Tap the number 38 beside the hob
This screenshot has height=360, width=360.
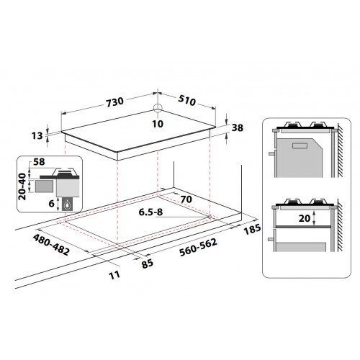click(x=238, y=127)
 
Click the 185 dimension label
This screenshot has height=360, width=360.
click(x=251, y=230)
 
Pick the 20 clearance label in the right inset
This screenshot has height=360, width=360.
click(x=306, y=218)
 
